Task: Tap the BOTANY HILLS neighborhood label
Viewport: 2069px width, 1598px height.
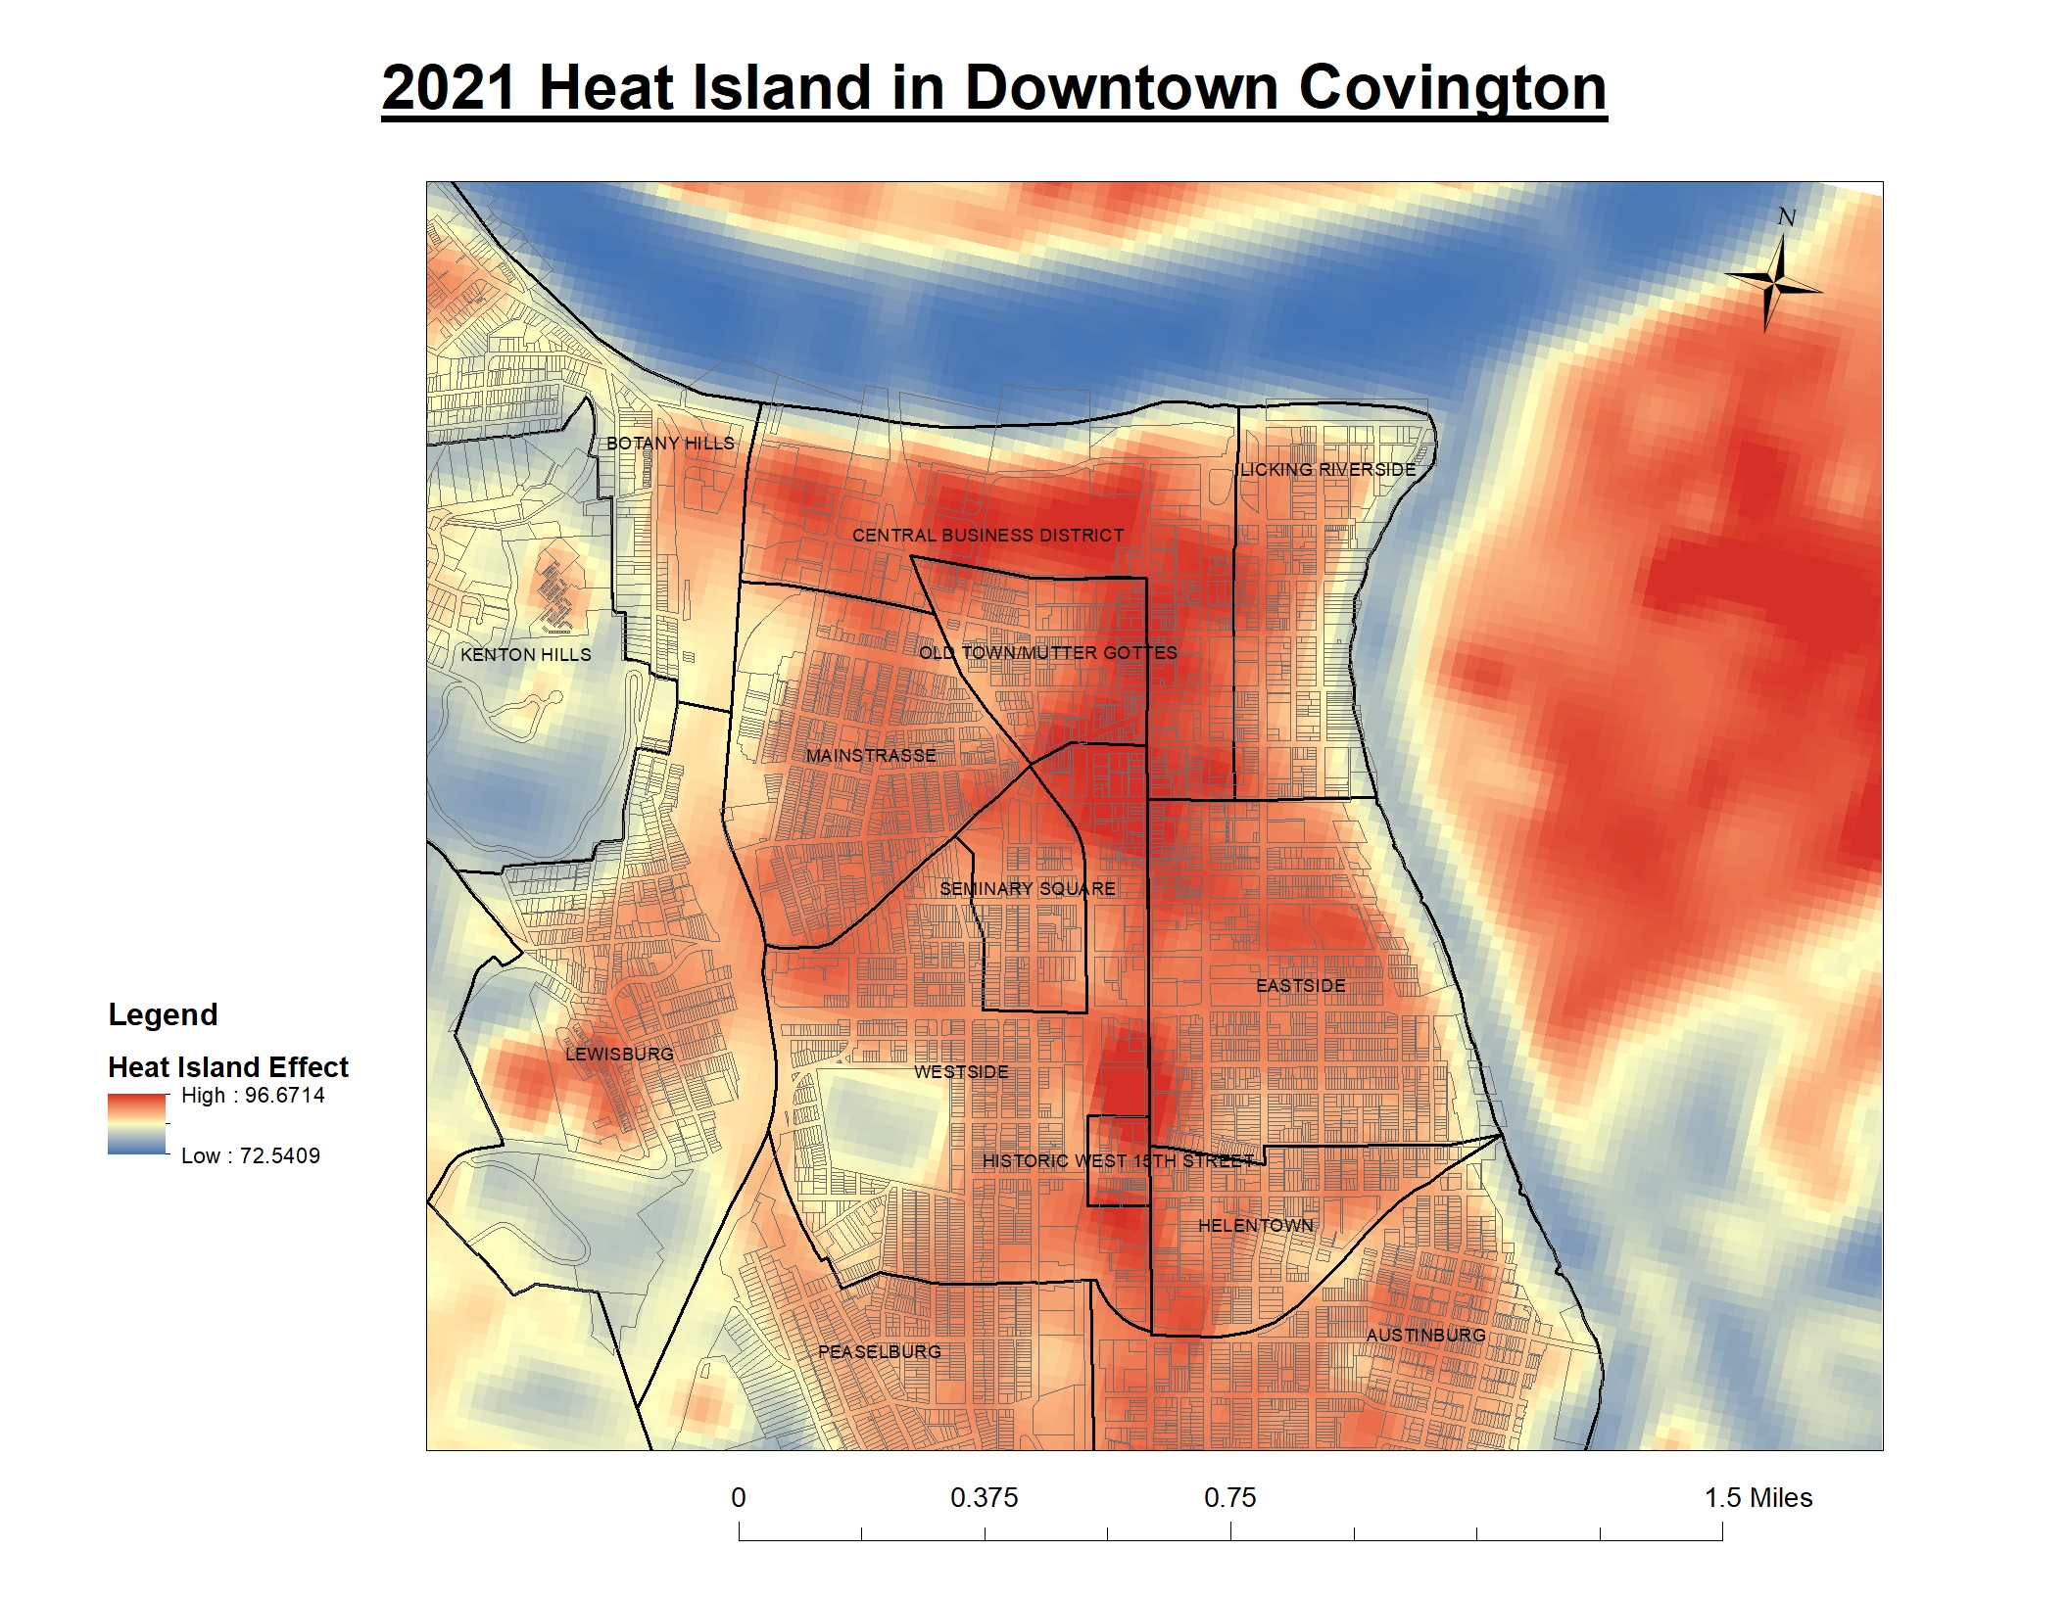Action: (x=670, y=444)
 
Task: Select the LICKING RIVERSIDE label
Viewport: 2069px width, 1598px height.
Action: (x=1328, y=470)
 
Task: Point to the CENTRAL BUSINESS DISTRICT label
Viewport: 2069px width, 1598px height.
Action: (x=987, y=536)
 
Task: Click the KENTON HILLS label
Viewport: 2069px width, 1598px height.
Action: (x=526, y=655)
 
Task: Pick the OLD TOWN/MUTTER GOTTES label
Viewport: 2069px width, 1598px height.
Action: (x=1047, y=653)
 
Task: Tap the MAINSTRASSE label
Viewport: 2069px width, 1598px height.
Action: (x=871, y=756)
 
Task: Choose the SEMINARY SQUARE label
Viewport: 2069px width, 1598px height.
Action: (x=1028, y=889)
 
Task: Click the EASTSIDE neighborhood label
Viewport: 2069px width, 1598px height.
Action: (x=1301, y=986)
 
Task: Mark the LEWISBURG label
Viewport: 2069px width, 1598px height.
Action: (x=619, y=1055)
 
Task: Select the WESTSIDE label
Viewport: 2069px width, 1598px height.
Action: (x=961, y=1072)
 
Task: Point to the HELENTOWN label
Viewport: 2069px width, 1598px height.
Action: (x=1256, y=1226)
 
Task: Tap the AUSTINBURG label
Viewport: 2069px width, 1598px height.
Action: (x=1425, y=1336)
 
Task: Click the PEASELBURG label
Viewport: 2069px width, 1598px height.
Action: (x=879, y=1352)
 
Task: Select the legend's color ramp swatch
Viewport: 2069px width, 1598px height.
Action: (x=137, y=1124)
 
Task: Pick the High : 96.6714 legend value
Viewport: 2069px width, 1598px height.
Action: (x=253, y=1096)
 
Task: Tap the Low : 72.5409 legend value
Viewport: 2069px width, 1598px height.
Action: (x=251, y=1156)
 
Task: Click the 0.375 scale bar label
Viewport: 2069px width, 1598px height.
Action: (x=984, y=1498)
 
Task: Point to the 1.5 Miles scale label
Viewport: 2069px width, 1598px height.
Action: (x=1757, y=1498)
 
